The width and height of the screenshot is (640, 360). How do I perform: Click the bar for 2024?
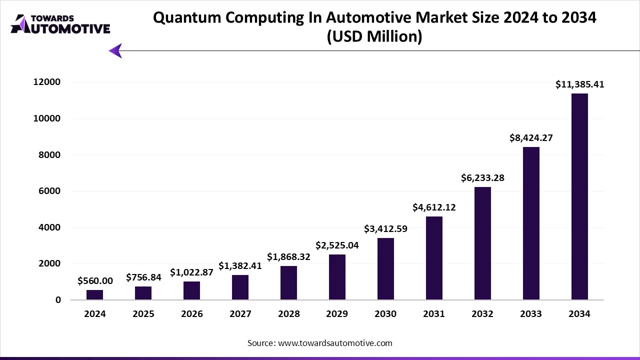click(x=94, y=295)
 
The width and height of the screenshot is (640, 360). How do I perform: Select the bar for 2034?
click(x=579, y=196)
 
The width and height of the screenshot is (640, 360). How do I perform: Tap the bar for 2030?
click(x=385, y=268)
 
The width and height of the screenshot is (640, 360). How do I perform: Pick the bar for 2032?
click(x=482, y=243)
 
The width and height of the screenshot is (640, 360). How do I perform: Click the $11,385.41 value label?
click(x=579, y=85)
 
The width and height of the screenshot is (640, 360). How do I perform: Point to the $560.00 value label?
click(x=95, y=281)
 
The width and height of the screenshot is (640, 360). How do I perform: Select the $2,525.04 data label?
click(x=337, y=245)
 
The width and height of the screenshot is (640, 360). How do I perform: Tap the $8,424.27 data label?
click(x=531, y=137)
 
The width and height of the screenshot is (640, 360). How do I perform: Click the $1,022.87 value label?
click(x=191, y=272)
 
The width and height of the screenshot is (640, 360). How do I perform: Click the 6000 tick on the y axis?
click(x=51, y=191)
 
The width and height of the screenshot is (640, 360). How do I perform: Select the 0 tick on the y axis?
click(x=58, y=300)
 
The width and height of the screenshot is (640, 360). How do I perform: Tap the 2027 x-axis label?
click(x=240, y=314)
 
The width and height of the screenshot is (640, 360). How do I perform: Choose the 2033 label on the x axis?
click(x=531, y=314)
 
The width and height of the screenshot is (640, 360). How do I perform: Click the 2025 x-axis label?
click(x=143, y=314)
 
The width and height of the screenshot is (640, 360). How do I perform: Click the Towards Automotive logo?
click(x=60, y=23)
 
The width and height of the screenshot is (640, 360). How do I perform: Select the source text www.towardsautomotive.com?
click(x=334, y=343)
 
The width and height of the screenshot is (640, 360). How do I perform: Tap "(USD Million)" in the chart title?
click(x=374, y=36)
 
